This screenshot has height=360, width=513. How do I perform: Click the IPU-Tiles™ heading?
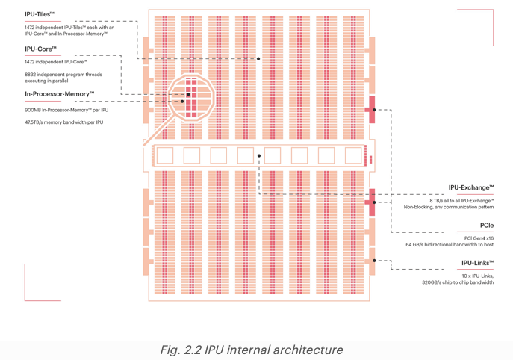40,14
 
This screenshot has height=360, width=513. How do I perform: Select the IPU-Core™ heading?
40,49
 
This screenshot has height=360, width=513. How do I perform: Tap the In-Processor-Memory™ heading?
60,94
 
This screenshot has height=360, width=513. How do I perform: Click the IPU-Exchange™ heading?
470,188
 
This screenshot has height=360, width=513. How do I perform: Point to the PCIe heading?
486,225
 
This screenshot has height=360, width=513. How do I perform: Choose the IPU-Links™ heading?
477,263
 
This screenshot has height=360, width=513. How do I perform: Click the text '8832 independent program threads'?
63,75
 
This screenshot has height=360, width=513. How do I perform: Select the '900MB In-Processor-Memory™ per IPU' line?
66,110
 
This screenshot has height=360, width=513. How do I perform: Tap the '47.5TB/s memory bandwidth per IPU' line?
63,122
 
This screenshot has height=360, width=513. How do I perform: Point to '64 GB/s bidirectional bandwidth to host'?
450,245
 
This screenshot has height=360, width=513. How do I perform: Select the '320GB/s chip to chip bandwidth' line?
457,282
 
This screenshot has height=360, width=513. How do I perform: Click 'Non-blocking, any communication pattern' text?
448,208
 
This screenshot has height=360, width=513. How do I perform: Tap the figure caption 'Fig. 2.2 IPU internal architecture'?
252,350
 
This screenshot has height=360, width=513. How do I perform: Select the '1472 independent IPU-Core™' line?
55,62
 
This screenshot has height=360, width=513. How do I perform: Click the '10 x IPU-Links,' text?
477,276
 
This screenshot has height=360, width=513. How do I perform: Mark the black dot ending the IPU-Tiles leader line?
259,58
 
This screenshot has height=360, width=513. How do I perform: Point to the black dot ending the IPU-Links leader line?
375,261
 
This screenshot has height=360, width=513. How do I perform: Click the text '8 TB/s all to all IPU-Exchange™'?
461,201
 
